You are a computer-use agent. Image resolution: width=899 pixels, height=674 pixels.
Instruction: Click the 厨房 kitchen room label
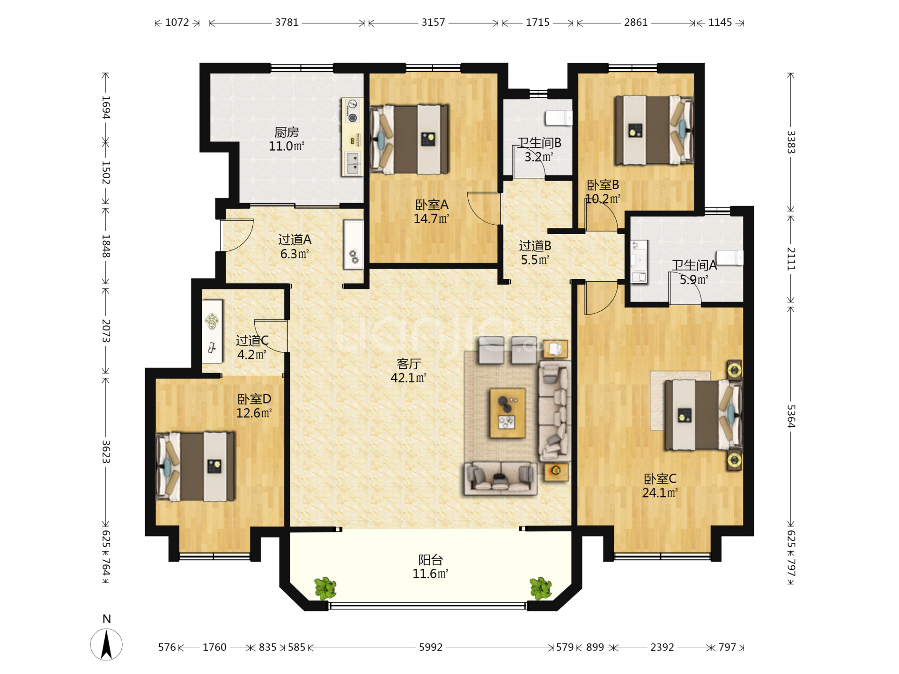(286, 132)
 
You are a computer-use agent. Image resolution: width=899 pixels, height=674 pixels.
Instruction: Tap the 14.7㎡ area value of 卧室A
(431, 219)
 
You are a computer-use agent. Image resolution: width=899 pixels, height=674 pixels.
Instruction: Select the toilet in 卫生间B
(559, 118)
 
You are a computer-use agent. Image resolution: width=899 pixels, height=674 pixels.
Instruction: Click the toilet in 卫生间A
(730, 258)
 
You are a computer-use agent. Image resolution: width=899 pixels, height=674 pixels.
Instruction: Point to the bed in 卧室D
(195, 467)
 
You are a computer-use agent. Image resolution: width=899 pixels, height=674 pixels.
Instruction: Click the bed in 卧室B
(654, 130)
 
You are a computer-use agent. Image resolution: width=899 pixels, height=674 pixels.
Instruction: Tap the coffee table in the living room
(508, 413)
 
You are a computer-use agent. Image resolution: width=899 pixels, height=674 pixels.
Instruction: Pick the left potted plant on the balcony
(325, 588)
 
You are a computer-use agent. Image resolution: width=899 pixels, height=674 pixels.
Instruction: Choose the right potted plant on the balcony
(541, 588)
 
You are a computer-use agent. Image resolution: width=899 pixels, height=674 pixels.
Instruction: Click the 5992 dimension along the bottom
(430, 647)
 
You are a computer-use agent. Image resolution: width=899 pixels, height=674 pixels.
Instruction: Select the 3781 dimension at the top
(287, 22)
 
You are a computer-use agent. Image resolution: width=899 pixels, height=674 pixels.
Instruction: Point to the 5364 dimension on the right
(791, 416)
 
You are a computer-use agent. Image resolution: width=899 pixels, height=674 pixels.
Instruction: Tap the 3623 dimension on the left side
(106, 452)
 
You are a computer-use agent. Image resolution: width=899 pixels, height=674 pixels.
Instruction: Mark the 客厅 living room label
(409, 364)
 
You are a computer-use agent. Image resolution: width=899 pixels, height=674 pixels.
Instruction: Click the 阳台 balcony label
(430, 560)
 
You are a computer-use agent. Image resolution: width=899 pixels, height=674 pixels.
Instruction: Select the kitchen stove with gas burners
(352, 111)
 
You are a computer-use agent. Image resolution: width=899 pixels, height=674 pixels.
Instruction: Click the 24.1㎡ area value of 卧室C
(660, 493)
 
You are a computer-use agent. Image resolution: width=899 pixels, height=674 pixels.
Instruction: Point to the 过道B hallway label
(535, 246)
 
